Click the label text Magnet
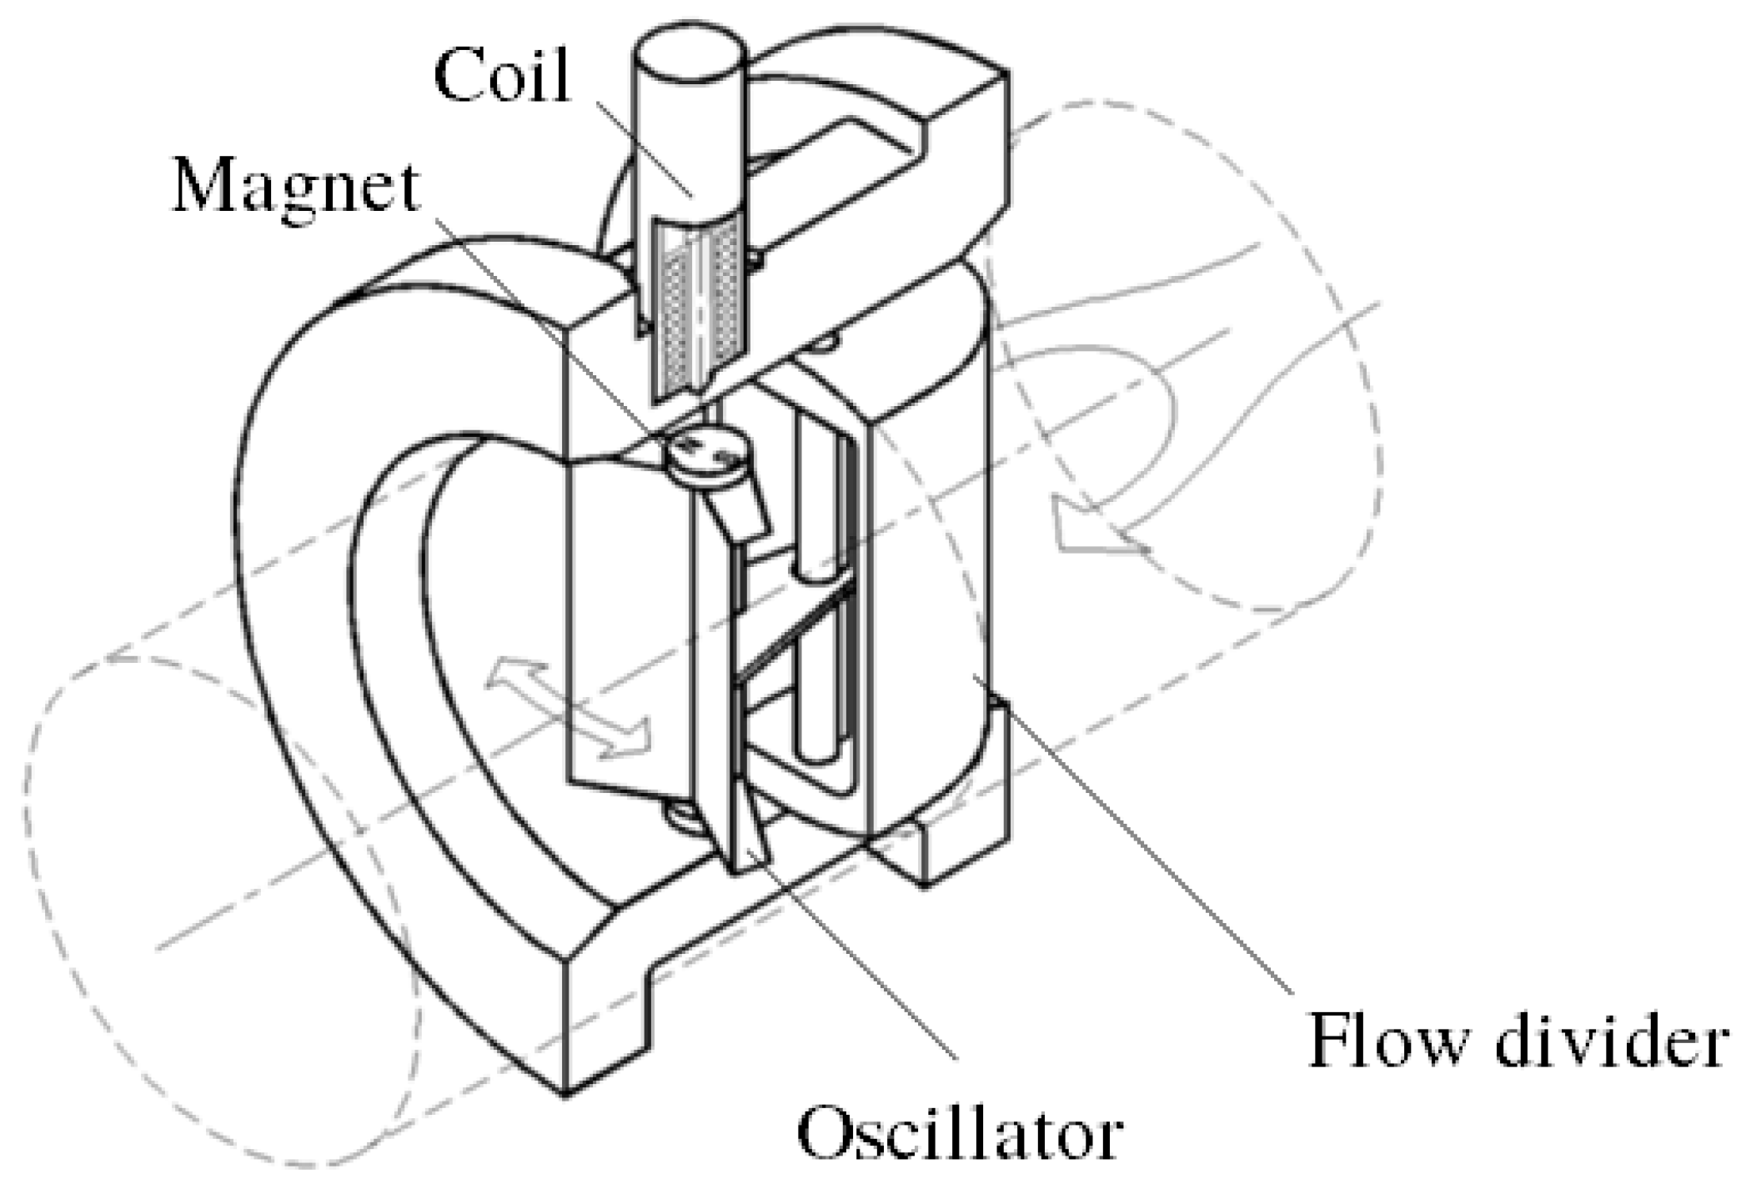pos(296,188)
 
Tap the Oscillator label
pos(959,1134)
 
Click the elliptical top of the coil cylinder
pos(689,53)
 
